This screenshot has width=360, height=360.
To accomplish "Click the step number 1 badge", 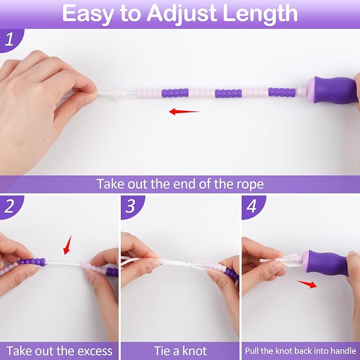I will tap(9, 41).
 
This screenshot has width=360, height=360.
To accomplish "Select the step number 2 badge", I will tap(9, 207).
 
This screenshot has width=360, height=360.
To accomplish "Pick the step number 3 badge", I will tap(130, 207).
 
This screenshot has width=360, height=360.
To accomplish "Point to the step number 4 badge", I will tap(251, 207).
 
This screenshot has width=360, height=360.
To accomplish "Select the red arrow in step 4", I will tap(308, 284).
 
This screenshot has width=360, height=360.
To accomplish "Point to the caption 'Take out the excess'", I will tap(59, 350).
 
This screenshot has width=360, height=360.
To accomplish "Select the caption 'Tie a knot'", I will tap(180, 350).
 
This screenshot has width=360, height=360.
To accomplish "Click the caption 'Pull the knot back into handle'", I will tap(301, 350).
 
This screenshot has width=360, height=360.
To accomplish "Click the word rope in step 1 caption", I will tap(249, 184).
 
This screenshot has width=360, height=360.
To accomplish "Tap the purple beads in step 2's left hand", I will tap(33, 262).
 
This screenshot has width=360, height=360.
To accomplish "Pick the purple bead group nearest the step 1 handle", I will tap(281, 92).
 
